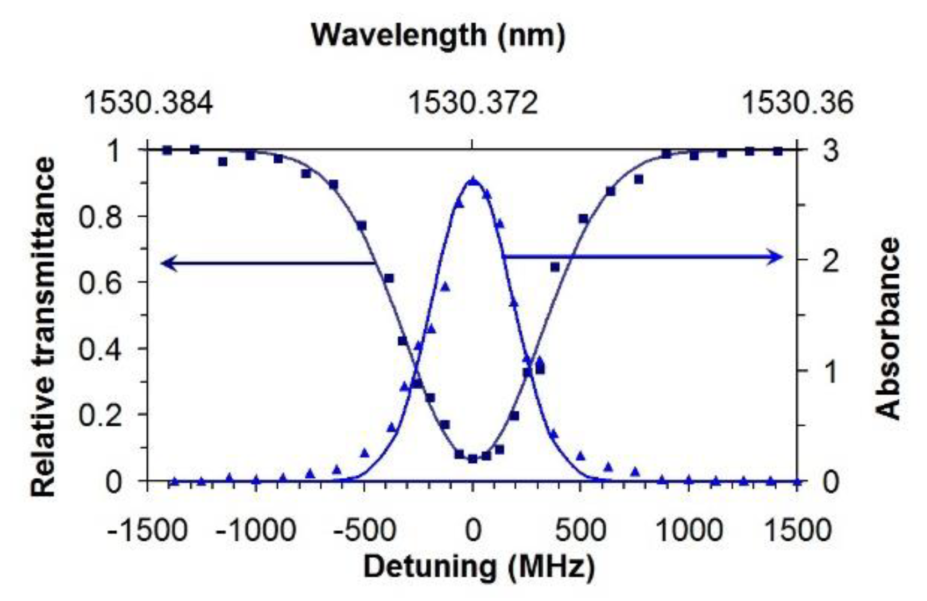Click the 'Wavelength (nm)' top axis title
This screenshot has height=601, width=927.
coord(439,36)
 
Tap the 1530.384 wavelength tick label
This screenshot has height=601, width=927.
coord(148,103)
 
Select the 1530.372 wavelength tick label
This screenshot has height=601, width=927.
coord(473,103)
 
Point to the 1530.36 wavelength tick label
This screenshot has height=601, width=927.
coord(797,103)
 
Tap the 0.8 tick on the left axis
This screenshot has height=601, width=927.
coord(100,217)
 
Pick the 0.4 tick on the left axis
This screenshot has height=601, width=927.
coord(100,349)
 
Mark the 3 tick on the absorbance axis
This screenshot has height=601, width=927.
coord(830,150)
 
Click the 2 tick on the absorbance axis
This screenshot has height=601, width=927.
coord(830,260)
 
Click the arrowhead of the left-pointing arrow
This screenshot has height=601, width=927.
coord(166,263)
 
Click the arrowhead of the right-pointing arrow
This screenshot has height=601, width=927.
coord(777,257)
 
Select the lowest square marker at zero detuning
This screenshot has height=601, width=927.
coord(472,458)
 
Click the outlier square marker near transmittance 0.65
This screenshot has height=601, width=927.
coord(555,267)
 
